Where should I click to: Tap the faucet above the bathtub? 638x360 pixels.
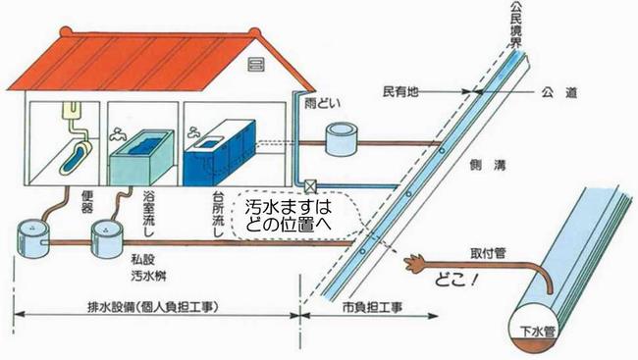pyautogui.click(x=120, y=132)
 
